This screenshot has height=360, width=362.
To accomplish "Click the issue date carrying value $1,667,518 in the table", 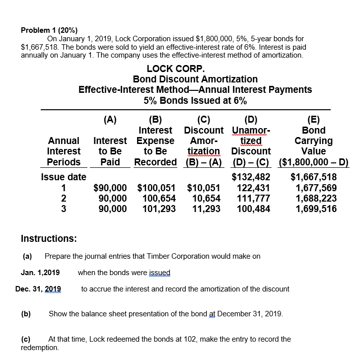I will tap(313, 177).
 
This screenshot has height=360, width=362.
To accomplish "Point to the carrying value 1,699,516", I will tap(316, 209).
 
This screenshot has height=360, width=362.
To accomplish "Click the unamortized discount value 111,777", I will tap(253, 198).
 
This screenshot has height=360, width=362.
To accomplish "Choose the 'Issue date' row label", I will tap(64, 177).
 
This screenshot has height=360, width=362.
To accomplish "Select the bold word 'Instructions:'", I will tap(49, 238).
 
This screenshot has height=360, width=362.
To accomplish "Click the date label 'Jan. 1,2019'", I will tap(40, 272).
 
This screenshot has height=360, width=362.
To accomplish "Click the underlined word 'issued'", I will tap(158, 272).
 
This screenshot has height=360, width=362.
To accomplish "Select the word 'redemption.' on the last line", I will tap(40, 348).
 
